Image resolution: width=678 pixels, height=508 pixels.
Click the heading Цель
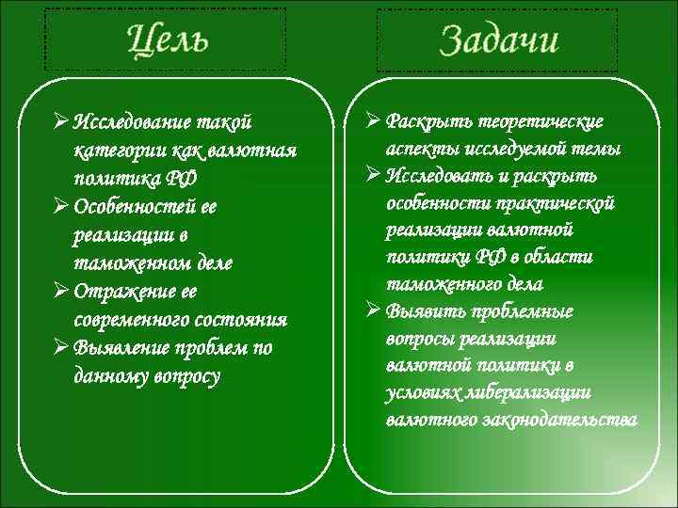tap(168, 39)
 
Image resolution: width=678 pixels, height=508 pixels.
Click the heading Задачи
tap(498, 40)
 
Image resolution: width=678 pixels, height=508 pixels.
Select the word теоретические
tap(544, 122)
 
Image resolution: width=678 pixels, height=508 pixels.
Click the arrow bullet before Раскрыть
tap(371, 122)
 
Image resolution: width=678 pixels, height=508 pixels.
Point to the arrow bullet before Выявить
tap(371, 310)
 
